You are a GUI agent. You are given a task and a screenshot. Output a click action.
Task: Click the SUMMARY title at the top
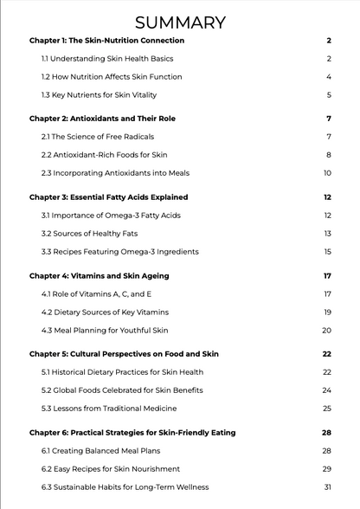pos(180,22)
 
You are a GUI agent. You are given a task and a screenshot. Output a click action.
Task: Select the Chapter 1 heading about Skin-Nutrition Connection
pos(106,41)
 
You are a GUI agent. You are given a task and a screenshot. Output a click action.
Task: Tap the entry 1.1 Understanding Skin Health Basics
pos(107,59)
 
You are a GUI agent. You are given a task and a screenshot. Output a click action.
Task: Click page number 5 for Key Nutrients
pos(329,95)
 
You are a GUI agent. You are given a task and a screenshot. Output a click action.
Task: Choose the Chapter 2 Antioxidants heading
pos(102,119)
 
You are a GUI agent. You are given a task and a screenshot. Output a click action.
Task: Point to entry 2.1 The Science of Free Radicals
pos(102,137)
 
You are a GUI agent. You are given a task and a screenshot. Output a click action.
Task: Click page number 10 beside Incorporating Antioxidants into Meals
pos(328,173)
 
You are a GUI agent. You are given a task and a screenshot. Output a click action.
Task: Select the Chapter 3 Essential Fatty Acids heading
pos(108,197)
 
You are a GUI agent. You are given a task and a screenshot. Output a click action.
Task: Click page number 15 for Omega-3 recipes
pos(328,252)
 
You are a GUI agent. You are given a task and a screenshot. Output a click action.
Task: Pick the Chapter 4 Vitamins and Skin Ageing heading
pos(100,276)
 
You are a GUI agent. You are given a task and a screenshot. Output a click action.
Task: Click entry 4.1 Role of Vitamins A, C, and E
pos(96,294)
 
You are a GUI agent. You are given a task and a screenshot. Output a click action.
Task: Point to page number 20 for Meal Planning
pos(327,331)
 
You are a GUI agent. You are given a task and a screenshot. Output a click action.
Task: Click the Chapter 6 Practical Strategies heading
pos(132,433)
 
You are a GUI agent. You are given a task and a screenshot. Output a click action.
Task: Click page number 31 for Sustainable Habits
pos(327,487)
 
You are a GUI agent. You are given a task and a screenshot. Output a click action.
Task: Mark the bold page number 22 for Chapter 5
pos(327,354)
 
